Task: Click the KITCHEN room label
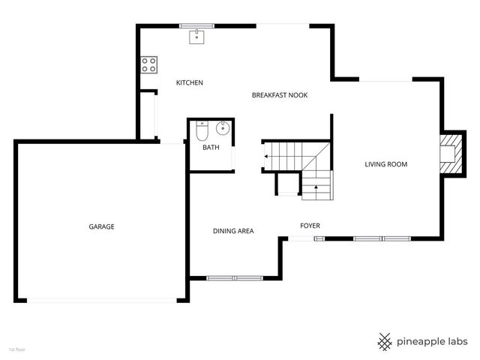(x=189, y=82)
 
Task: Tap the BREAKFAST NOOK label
(x=280, y=95)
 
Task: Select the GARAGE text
(x=101, y=226)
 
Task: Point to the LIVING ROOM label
(x=386, y=164)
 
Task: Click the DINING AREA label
(x=233, y=231)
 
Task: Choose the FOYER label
(x=310, y=225)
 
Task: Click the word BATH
(x=211, y=147)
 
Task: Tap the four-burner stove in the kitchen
(x=148, y=65)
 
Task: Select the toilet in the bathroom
(x=201, y=132)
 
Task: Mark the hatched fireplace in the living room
(x=451, y=154)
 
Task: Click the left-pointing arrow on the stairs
(x=267, y=156)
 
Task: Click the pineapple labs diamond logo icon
(x=385, y=341)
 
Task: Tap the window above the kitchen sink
(x=196, y=25)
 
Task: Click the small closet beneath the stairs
(x=287, y=184)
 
